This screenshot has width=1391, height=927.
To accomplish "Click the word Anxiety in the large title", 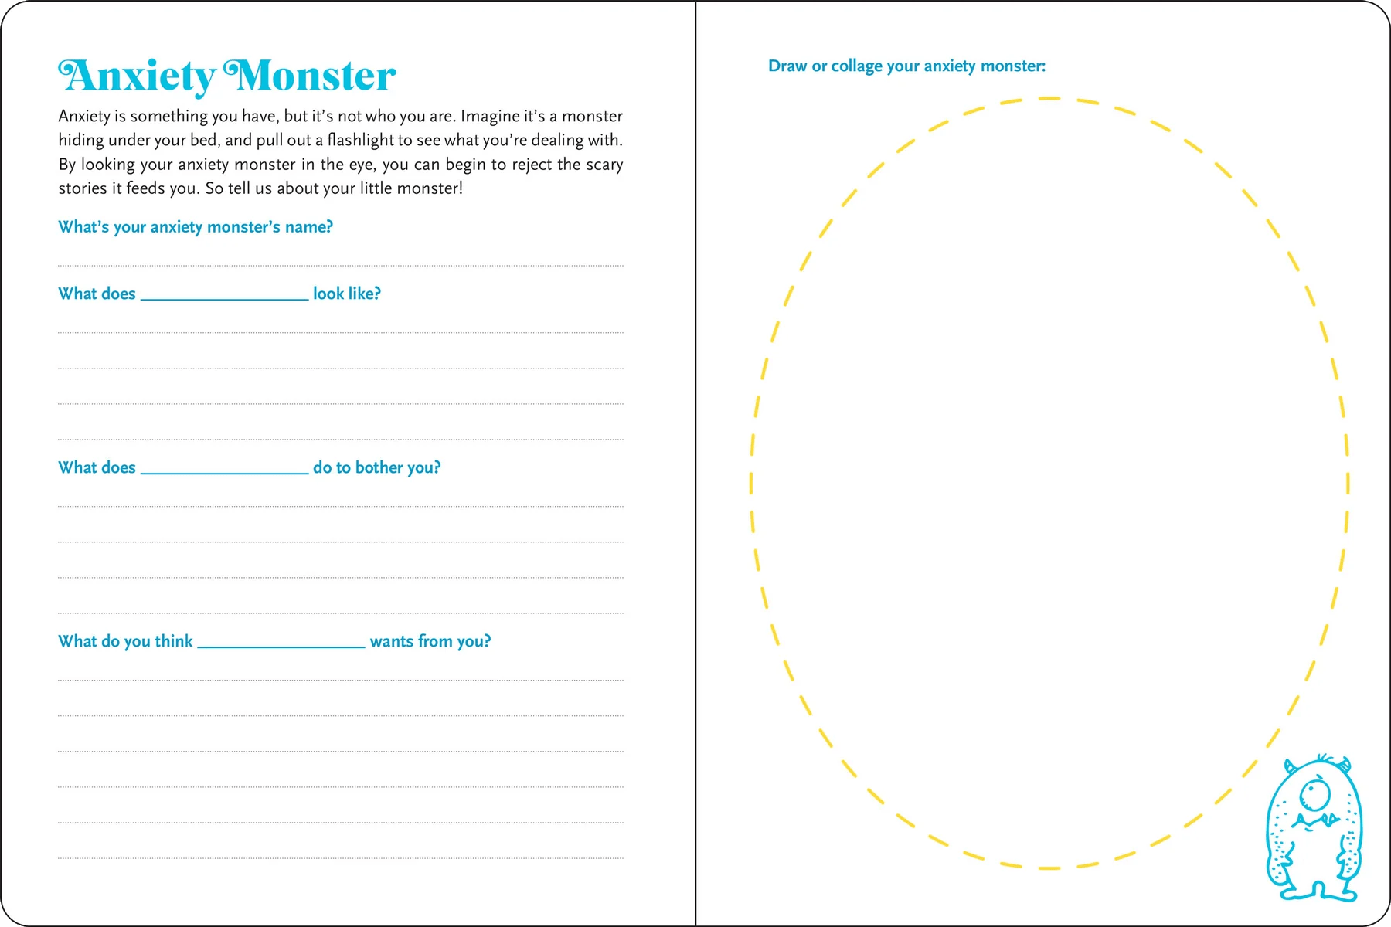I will [138, 76].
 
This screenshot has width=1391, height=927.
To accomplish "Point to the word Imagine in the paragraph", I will [491, 116].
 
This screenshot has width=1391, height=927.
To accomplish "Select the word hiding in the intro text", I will [81, 140].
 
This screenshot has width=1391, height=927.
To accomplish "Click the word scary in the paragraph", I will [604, 165].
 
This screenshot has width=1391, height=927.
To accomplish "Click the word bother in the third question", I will [379, 467].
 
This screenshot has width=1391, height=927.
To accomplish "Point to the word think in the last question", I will [174, 641].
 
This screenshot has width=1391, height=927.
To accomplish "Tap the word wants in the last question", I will [392, 641].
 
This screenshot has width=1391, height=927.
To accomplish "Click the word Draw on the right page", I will [787, 66].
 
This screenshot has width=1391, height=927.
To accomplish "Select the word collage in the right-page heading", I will [856, 66].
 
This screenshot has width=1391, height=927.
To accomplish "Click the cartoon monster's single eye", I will [1314, 793].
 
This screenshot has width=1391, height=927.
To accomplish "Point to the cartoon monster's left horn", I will [1288, 766].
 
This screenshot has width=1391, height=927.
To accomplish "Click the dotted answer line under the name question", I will [340, 265].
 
